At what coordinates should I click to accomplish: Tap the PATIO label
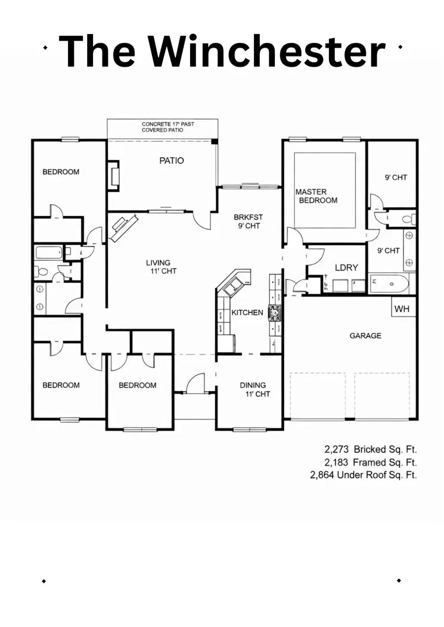click(x=171, y=160)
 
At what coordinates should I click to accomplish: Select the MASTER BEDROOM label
click(x=316, y=196)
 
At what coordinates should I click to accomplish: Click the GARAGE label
click(x=365, y=336)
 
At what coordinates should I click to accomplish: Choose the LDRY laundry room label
click(x=346, y=268)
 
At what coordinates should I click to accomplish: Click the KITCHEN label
click(x=247, y=313)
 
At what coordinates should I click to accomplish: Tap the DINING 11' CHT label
click(x=253, y=389)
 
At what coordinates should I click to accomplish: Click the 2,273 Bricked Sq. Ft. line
click(x=370, y=449)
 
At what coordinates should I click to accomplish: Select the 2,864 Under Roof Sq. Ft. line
click(x=363, y=475)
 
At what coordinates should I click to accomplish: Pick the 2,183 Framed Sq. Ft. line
click(x=370, y=462)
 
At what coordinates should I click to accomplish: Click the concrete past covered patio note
click(x=167, y=127)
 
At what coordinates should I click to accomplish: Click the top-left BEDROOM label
click(x=61, y=172)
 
